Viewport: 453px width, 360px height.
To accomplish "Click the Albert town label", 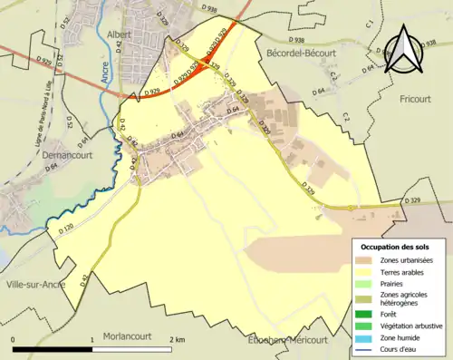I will point(120,34).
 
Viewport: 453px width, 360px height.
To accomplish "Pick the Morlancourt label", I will point(131,335).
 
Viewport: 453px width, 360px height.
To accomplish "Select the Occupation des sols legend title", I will point(398,247).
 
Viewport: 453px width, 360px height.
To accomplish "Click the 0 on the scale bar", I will point(13,338).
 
